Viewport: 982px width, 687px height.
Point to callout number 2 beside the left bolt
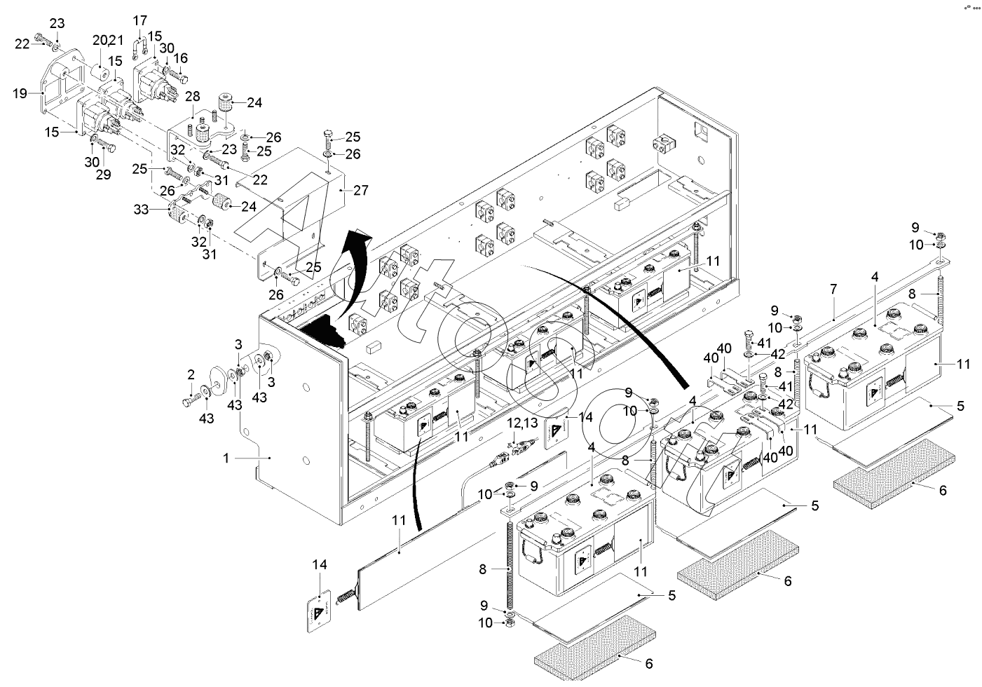point(191,376)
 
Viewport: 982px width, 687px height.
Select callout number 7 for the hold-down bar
point(833,308)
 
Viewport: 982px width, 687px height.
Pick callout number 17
point(139,20)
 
